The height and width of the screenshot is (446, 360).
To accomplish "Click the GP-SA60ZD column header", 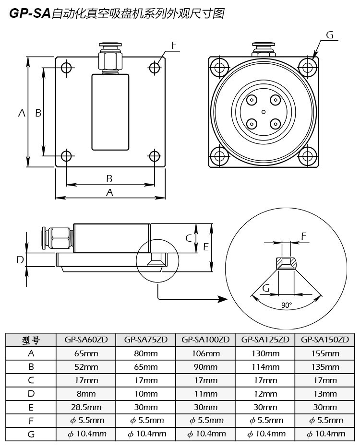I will [x=86, y=340].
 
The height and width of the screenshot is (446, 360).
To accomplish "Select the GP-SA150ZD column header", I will [x=324, y=340].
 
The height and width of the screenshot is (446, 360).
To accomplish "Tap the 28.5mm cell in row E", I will [x=86, y=407].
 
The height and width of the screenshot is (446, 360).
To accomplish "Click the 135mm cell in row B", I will [x=324, y=367].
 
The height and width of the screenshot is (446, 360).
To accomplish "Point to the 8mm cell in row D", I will [x=86, y=394].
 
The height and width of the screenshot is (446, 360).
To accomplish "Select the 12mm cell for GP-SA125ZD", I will [x=265, y=394].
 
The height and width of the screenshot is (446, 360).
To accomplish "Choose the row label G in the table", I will [x=31, y=434].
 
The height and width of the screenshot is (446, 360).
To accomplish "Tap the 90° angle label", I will [x=287, y=305].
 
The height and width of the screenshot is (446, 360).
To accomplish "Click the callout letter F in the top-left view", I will [x=174, y=46].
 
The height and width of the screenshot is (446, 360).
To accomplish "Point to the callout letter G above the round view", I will [x=329, y=35].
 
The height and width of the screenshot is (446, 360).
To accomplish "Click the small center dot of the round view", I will [x=263, y=112].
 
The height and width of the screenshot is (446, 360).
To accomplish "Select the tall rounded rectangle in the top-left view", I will [x=110, y=111].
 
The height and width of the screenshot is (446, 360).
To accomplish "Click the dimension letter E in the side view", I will [x=205, y=247].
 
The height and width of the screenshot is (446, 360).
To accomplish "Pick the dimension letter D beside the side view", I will [x=20, y=259].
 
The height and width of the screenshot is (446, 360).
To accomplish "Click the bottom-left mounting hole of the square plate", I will [x=67, y=156].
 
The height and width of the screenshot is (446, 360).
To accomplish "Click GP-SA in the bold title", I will [x=30, y=14].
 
